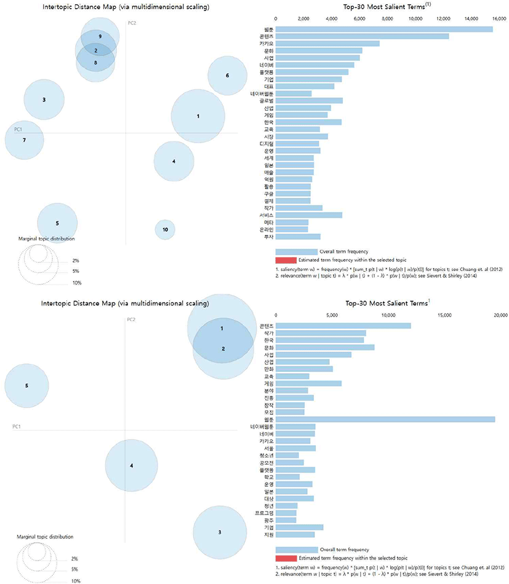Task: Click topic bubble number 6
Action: tap(227, 76)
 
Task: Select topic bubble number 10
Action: tap(165, 229)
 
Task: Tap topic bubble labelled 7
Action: tap(24, 140)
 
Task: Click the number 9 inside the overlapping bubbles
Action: tap(100, 37)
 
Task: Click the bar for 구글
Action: tap(293, 193)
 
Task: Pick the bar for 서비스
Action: tap(308, 215)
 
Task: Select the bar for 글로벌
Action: tap(308, 100)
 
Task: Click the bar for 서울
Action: tap(295, 448)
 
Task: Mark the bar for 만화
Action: tap(303, 369)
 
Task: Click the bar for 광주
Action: tap(286, 520)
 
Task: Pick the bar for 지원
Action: tap(295, 534)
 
